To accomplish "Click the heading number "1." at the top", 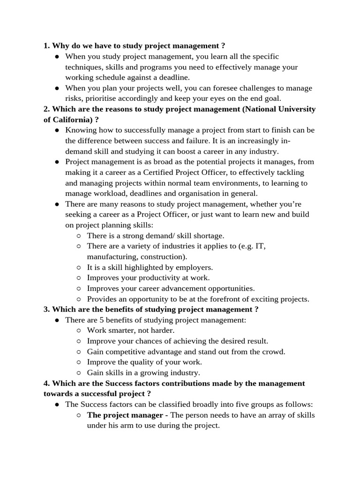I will tap(46, 45).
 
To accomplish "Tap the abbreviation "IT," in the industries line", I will tap(261, 246).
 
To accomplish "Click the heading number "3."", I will tap(46, 309).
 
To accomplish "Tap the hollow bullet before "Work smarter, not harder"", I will tap(79, 330).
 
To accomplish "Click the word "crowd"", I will tap(275, 352).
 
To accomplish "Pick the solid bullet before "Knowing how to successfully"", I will tap(56, 130).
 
